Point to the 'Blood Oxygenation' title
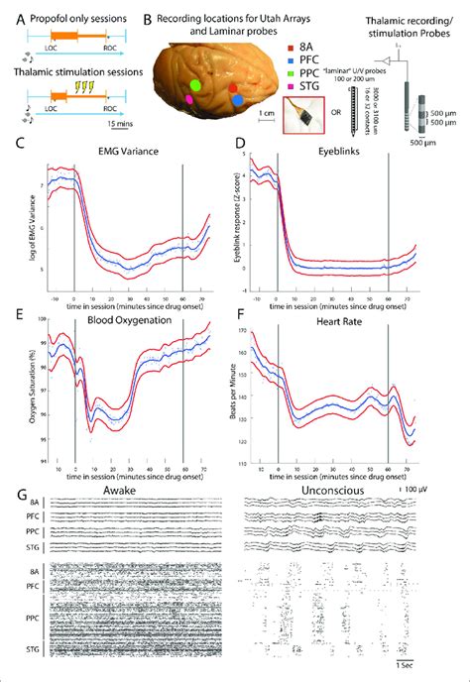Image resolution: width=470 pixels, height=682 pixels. pos(124,321)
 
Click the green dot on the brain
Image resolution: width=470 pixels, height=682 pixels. pos(197,87)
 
